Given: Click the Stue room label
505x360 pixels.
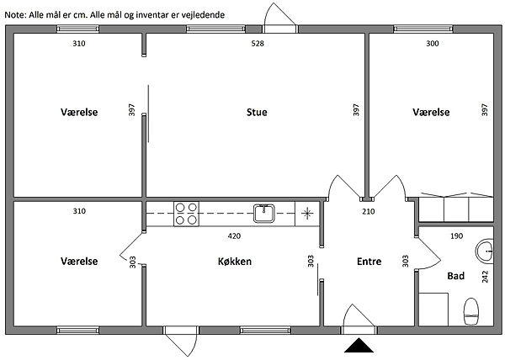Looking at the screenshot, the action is point(257,112).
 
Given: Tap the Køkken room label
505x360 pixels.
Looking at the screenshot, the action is point(235,262).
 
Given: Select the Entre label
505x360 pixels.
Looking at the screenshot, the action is point(369,262).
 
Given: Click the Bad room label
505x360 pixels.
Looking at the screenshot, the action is point(455,276).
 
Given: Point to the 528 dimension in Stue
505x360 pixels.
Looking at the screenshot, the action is point(258,44).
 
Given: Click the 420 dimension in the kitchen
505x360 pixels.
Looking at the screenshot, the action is point(234,236).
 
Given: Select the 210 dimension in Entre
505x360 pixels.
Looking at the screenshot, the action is point(369,211).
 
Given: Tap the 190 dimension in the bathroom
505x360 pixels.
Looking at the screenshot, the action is point(457,236).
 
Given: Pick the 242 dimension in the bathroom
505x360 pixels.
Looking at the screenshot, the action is point(485,277).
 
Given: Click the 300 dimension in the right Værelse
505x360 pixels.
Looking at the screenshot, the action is point(433,44).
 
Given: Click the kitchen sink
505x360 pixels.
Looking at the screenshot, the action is point(264,214).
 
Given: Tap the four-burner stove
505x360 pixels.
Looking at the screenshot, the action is point(186,214).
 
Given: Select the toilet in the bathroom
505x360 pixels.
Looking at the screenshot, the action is point(470,311).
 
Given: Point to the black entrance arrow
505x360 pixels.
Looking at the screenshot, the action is point(359,346).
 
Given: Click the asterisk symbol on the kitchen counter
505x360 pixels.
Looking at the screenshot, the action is point(307,214).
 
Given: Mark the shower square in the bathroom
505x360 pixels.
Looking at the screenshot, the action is point(433,310).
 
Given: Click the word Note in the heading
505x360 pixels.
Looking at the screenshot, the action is point(15,15).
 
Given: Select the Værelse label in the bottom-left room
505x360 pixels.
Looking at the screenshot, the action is point(79,262).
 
